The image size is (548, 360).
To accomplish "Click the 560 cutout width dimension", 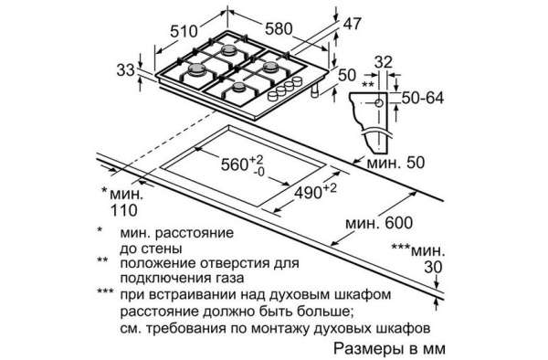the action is (x=239, y=165).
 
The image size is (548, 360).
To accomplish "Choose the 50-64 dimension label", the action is (x=427, y=97).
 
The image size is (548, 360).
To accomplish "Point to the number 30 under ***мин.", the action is (x=436, y=267).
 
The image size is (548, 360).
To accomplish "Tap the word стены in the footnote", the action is (x=163, y=248).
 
